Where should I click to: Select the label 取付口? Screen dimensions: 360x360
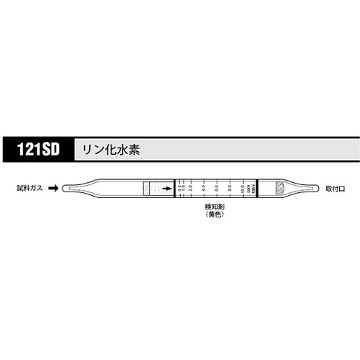336,188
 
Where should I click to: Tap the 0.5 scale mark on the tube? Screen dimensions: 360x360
180,189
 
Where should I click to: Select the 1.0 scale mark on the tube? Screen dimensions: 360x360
185,189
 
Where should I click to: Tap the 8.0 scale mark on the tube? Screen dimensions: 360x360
230,189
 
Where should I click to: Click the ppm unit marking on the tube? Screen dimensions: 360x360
248,189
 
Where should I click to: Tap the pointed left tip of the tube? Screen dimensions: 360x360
66,189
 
